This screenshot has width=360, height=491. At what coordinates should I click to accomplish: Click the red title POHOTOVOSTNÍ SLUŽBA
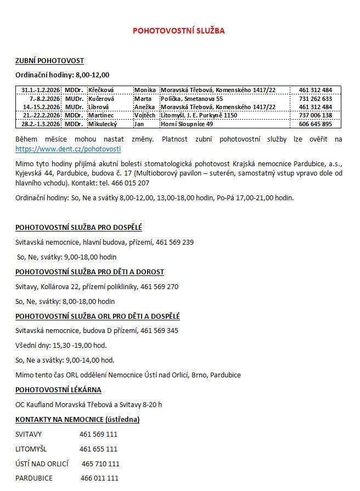[x=178, y=31]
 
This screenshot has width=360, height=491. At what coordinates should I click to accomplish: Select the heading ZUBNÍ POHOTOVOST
[x=49, y=61]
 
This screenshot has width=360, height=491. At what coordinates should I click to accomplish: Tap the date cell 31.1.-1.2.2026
[x=41, y=90]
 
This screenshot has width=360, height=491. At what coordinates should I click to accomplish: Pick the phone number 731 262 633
[x=315, y=99]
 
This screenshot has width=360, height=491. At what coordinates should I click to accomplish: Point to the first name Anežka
[x=145, y=107]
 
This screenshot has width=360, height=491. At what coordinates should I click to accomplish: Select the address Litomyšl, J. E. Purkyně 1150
[x=199, y=115]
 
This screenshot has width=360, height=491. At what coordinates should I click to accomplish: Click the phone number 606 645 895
[x=315, y=124]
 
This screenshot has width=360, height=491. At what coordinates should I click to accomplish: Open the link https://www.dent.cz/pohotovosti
[x=68, y=149]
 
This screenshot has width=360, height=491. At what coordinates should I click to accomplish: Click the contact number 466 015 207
[x=130, y=183]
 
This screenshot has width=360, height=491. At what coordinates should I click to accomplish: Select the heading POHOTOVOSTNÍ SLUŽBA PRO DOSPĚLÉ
[x=78, y=227]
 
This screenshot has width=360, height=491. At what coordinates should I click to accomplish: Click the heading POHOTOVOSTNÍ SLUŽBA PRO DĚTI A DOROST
[x=89, y=272]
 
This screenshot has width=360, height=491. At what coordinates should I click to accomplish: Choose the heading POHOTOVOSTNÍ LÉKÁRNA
[x=58, y=390]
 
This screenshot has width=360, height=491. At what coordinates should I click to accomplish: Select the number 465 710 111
[x=100, y=464]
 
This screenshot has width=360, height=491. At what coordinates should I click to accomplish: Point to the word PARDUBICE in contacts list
[x=34, y=478]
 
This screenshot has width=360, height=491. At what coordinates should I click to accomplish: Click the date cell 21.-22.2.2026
[x=41, y=115]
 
